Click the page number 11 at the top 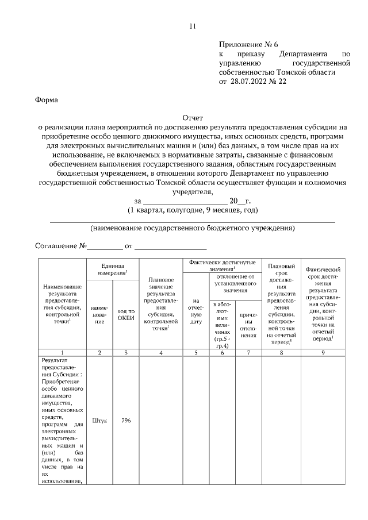[193, 26]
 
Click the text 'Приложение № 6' [248, 45]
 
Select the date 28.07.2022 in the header [250, 82]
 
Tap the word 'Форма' [47, 99]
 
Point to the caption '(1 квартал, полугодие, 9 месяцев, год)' [193, 210]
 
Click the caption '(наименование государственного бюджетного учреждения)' [193, 228]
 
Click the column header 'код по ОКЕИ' [125, 315]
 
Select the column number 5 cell [195, 352]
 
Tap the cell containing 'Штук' [99, 421]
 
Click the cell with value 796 [125, 421]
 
